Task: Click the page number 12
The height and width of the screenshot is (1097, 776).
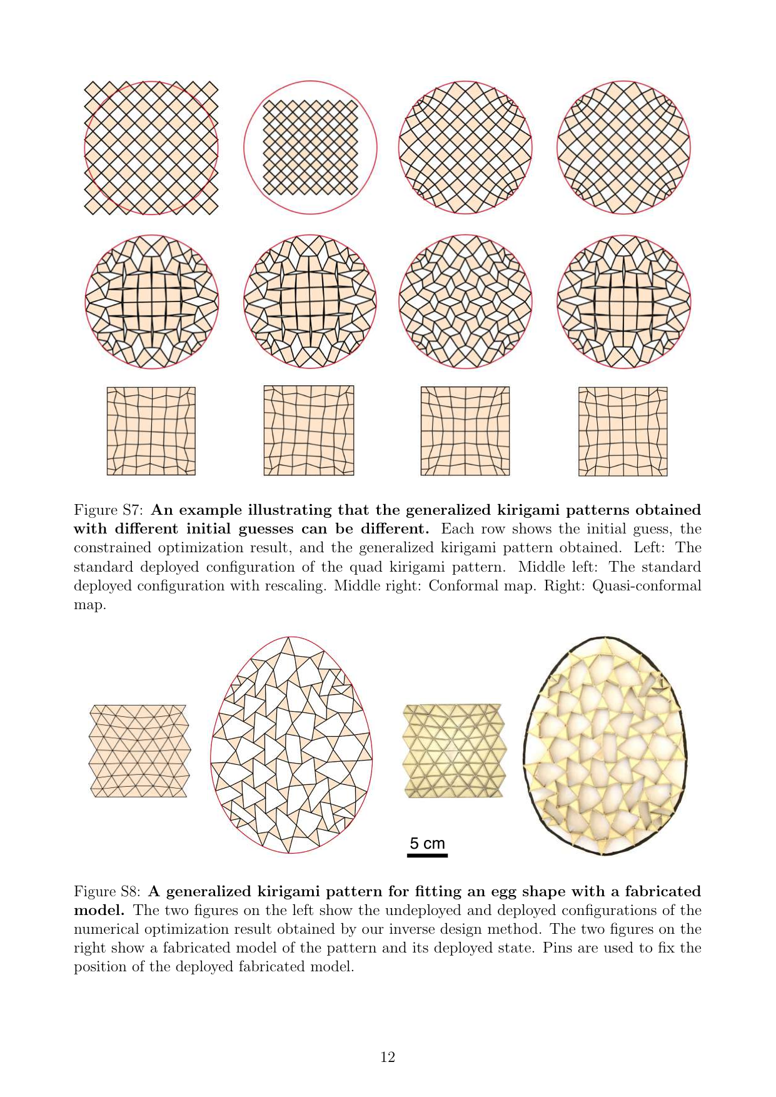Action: click(388, 1057)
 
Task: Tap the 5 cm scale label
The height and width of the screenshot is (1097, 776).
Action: click(427, 843)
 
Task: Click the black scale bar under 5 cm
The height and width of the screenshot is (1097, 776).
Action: click(427, 855)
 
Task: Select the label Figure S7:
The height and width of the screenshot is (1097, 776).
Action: click(110, 510)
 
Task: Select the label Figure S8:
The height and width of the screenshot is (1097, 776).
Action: click(110, 891)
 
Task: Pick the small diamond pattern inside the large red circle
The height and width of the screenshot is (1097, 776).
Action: click(310, 148)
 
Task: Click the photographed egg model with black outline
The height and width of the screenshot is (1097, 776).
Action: click(605, 746)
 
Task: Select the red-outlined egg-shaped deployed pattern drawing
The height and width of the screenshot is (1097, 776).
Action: click(291, 745)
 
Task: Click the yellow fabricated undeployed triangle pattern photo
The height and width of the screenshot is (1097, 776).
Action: click(453, 751)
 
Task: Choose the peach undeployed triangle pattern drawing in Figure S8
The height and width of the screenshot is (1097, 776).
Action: click(139, 751)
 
